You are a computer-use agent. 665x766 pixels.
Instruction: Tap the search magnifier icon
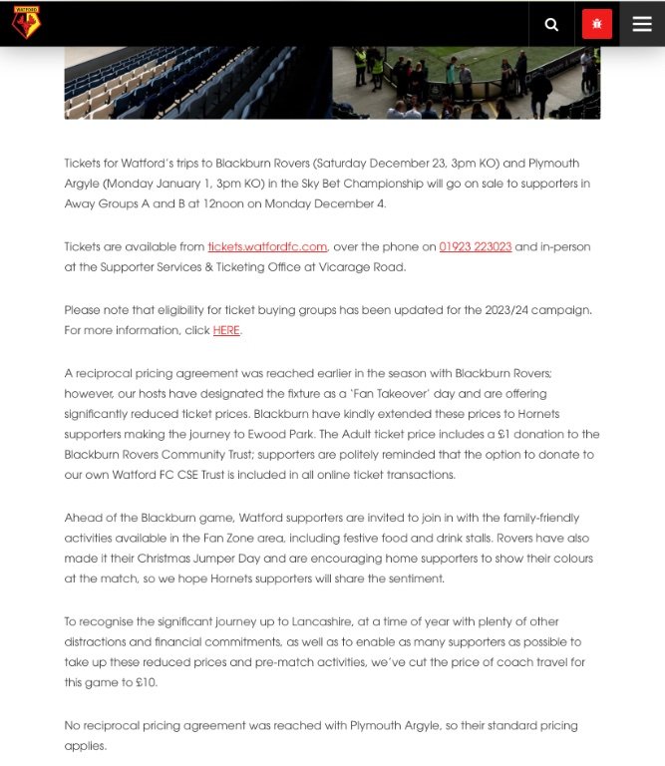tap(551, 24)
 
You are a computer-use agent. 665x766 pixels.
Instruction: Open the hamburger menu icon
tap(641, 24)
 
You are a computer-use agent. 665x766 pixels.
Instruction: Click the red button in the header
tap(596, 24)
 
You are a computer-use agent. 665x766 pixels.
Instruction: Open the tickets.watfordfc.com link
tap(267, 246)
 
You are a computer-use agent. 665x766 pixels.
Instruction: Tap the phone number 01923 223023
tap(475, 246)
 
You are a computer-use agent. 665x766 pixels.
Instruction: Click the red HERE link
tap(226, 330)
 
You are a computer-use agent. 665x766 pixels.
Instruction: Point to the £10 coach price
tap(147, 682)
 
